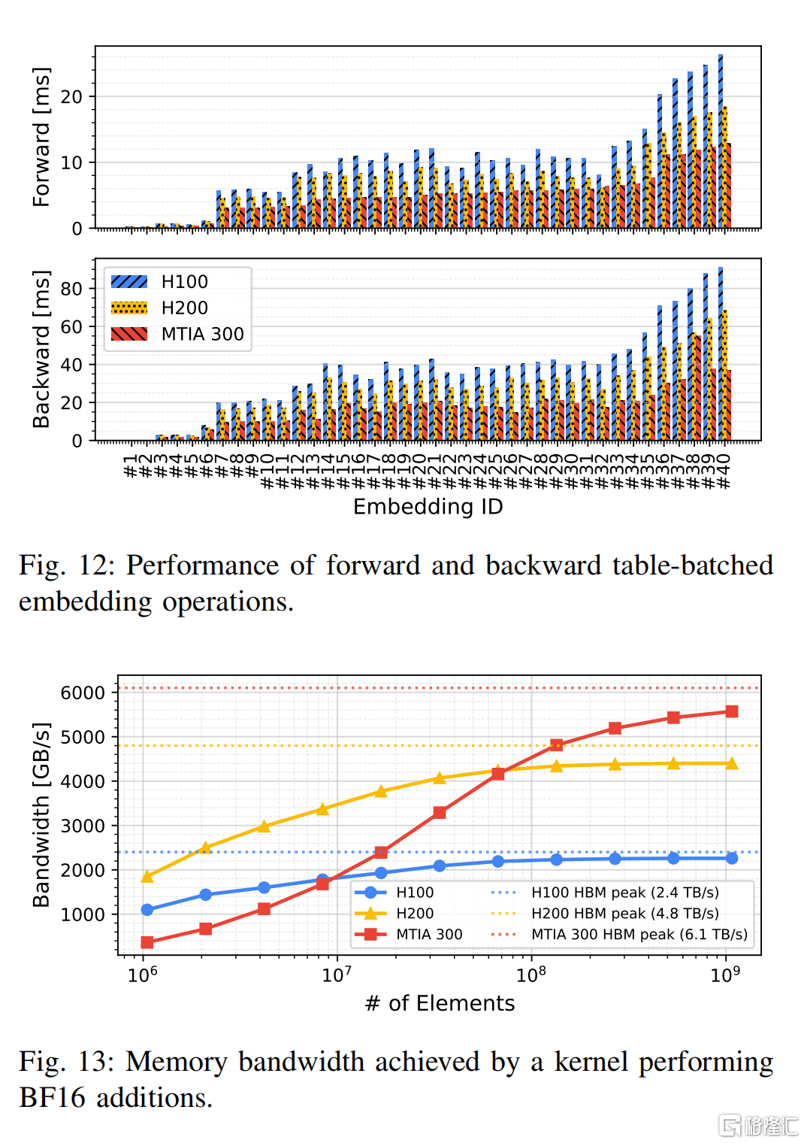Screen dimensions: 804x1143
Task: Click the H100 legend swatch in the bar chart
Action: (x=129, y=282)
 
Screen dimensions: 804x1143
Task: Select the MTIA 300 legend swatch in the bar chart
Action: (x=129, y=334)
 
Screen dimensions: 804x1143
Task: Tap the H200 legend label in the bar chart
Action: (x=185, y=308)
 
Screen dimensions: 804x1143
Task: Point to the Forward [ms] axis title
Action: (x=41, y=137)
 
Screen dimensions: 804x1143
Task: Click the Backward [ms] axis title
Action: (x=41, y=349)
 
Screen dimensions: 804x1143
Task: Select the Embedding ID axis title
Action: (x=428, y=507)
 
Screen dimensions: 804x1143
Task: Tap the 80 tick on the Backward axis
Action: (x=71, y=289)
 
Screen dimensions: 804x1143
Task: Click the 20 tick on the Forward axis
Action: (x=71, y=97)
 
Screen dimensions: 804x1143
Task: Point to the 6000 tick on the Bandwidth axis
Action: (x=83, y=693)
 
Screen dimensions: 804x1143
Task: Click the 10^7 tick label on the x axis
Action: (x=337, y=974)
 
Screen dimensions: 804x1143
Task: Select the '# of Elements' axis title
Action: (x=440, y=1003)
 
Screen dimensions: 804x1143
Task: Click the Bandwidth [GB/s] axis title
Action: (x=41, y=815)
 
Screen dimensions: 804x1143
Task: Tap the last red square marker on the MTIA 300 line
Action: (x=732, y=711)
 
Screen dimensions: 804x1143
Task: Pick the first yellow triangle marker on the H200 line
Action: (x=147, y=877)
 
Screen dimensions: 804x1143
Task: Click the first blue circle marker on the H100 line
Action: (x=147, y=910)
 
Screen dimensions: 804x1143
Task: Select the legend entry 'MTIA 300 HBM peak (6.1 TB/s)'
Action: (x=619, y=934)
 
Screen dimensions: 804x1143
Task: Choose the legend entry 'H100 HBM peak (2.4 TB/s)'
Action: (x=605, y=893)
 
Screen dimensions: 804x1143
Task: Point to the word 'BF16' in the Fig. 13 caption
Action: (x=52, y=1098)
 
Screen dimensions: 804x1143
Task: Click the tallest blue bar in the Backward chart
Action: (x=721, y=353)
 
